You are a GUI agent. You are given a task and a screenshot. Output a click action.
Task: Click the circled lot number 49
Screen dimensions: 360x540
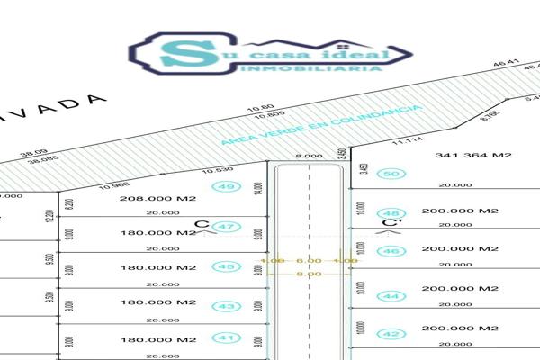pos(226,186)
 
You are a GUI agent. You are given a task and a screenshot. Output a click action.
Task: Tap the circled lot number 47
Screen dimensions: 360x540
pos(226,226)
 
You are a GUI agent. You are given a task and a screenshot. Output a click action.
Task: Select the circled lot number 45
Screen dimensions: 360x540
pos(226,266)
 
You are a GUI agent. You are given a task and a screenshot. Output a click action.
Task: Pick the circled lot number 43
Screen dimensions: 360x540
pos(226,306)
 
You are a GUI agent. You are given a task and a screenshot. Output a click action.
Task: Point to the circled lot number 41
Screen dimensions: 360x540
pos(226,338)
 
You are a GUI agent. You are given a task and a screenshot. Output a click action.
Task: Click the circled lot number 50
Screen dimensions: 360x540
pos(390,174)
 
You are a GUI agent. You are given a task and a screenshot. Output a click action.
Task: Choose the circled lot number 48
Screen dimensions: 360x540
pos(390,213)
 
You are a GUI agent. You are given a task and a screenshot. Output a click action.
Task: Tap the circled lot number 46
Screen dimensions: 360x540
pos(390,251)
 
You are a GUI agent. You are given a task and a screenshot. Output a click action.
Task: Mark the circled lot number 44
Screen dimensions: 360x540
pos(390,295)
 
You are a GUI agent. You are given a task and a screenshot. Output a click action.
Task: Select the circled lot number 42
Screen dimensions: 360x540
pos(390,333)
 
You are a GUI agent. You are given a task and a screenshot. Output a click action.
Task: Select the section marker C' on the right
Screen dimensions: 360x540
pos(390,223)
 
